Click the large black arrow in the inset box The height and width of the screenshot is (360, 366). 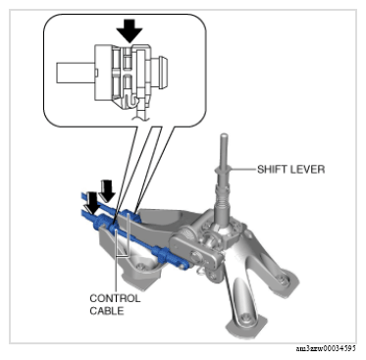pyautogui.click(x=130, y=30)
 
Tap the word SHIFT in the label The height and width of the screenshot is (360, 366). pyautogui.click(x=273, y=170)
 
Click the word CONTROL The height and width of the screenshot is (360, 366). pyautogui.click(x=115, y=298)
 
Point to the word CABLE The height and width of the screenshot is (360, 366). pyautogui.click(x=107, y=311)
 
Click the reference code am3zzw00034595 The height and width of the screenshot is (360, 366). pyautogui.click(x=326, y=348)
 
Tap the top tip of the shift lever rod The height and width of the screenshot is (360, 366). pyautogui.click(x=224, y=134)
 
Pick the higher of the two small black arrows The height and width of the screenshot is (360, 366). pyautogui.click(x=107, y=190)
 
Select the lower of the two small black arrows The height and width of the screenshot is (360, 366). pyautogui.click(x=92, y=203)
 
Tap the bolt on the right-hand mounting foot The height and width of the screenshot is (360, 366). pyautogui.click(x=282, y=279)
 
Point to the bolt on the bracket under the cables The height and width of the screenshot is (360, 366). pyautogui.click(x=140, y=267)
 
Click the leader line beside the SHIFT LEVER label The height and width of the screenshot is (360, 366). pyautogui.click(x=242, y=170)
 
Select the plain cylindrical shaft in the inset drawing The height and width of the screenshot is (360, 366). pyautogui.click(x=76, y=73)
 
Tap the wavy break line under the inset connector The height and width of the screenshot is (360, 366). pyautogui.click(x=141, y=118)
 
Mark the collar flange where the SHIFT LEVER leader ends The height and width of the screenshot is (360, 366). pyautogui.click(x=223, y=171)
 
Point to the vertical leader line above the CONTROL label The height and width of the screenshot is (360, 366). pyautogui.click(x=117, y=261)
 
